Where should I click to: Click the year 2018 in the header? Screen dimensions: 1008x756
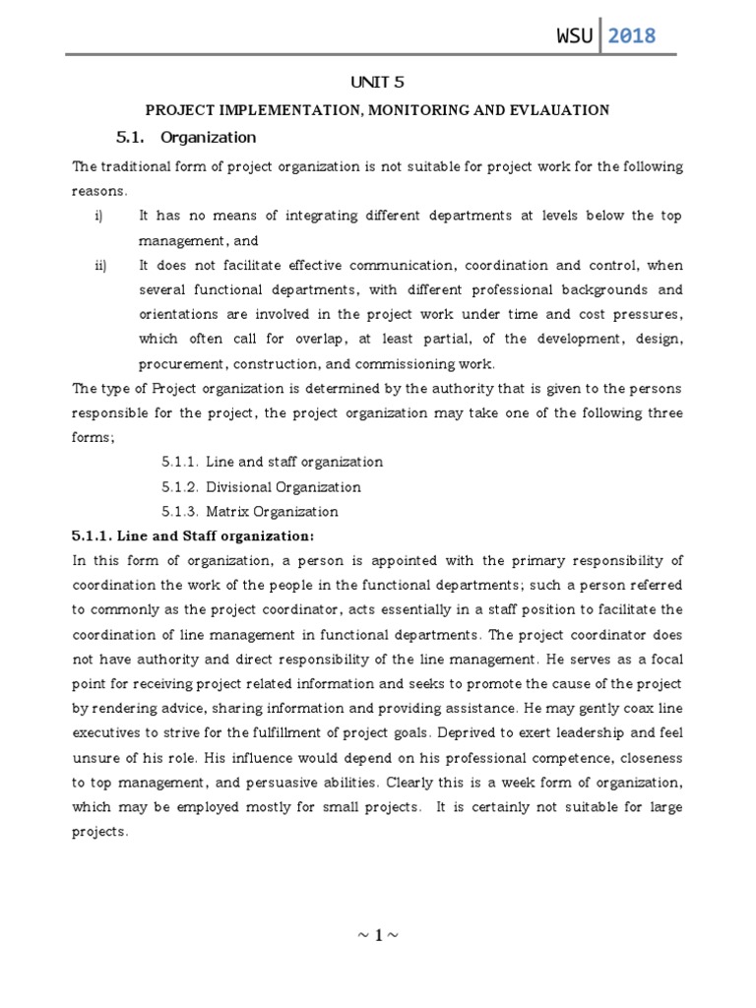tap(631, 37)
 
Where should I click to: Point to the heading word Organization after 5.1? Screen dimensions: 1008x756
tap(208, 137)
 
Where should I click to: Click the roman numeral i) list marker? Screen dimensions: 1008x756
tap(99, 216)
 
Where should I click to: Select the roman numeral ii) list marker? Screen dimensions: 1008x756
tap(100, 266)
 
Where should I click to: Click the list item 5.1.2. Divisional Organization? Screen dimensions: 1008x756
tap(262, 486)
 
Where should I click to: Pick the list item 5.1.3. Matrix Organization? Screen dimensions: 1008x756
tap(250, 511)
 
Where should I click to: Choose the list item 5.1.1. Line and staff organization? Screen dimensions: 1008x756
tap(273, 462)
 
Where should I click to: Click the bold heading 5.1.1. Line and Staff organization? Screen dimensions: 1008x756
tap(193, 535)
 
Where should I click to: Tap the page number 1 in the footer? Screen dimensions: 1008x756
tap(379, 934)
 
